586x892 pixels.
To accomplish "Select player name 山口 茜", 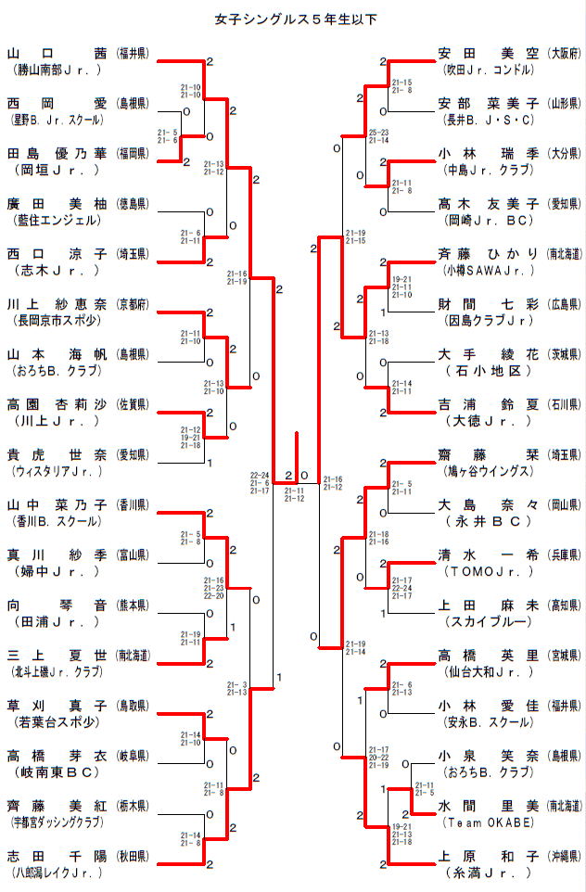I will tap(57, 53).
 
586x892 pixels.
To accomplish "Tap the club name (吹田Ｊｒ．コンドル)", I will tap(490, 70).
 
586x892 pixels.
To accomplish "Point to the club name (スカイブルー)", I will tap(488, 621).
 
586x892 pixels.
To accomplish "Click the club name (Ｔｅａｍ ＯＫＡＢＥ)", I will tap(489, 822).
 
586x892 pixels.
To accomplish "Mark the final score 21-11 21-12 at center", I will tap(294, 494).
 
